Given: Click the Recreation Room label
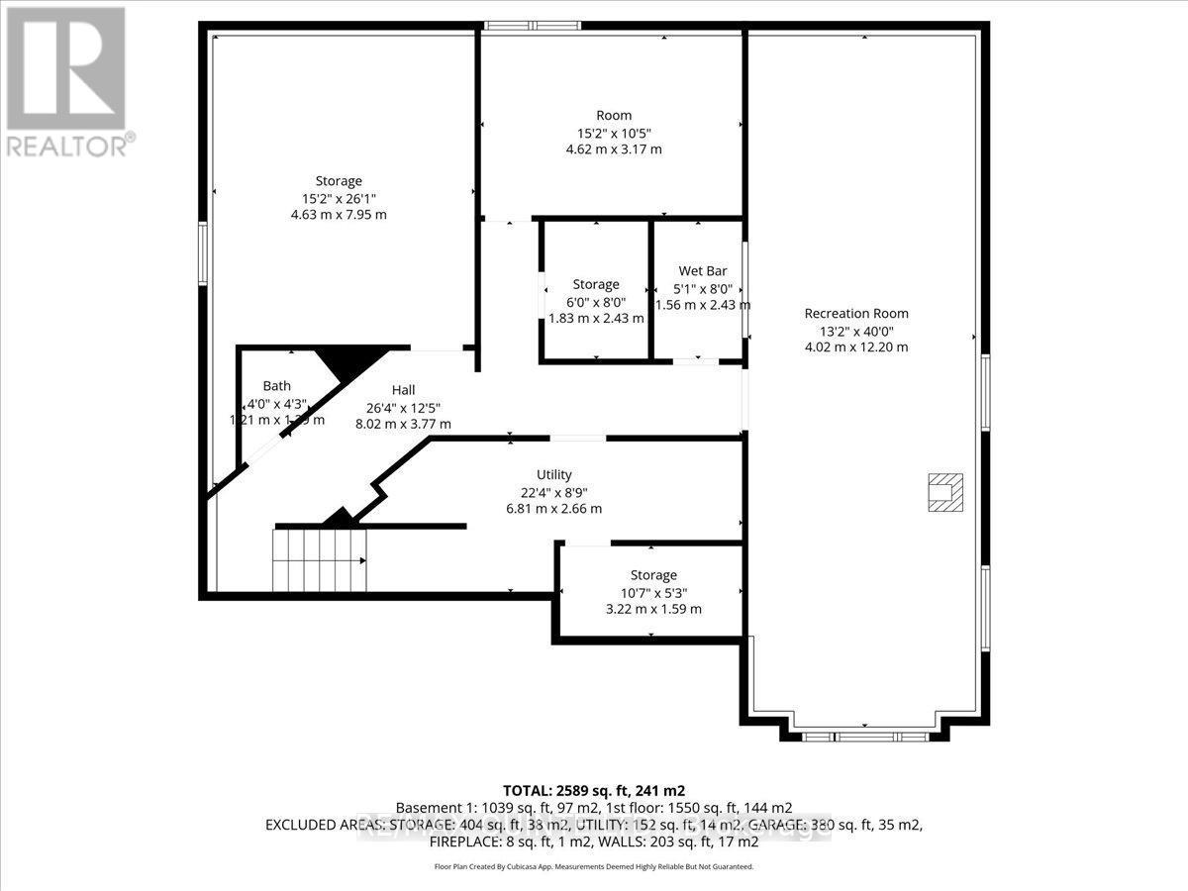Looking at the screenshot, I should coord(855,314).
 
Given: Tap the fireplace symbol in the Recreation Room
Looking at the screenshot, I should coord(943,492).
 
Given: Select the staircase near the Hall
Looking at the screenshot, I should coord(320,560).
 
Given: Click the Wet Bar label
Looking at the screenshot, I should coord(698,271).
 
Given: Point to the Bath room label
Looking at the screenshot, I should coord(276,386).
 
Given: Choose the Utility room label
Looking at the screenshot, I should coord(553,475).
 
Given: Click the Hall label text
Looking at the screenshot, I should coord(403,390).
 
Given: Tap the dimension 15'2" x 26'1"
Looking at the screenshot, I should coord(339,198).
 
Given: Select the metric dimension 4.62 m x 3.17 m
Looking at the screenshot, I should coord(612,149).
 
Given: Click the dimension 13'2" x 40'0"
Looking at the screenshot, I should coord(855,331).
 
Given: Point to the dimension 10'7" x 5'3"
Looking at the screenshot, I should coord(653,592).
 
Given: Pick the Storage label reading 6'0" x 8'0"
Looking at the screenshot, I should coord(595,285).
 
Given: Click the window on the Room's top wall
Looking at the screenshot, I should coord(525,27).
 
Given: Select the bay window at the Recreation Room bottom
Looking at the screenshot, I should coord(865,736).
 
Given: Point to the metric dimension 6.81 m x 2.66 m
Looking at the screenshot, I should coord(553,509).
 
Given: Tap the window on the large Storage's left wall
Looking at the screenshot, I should coord(203,254).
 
